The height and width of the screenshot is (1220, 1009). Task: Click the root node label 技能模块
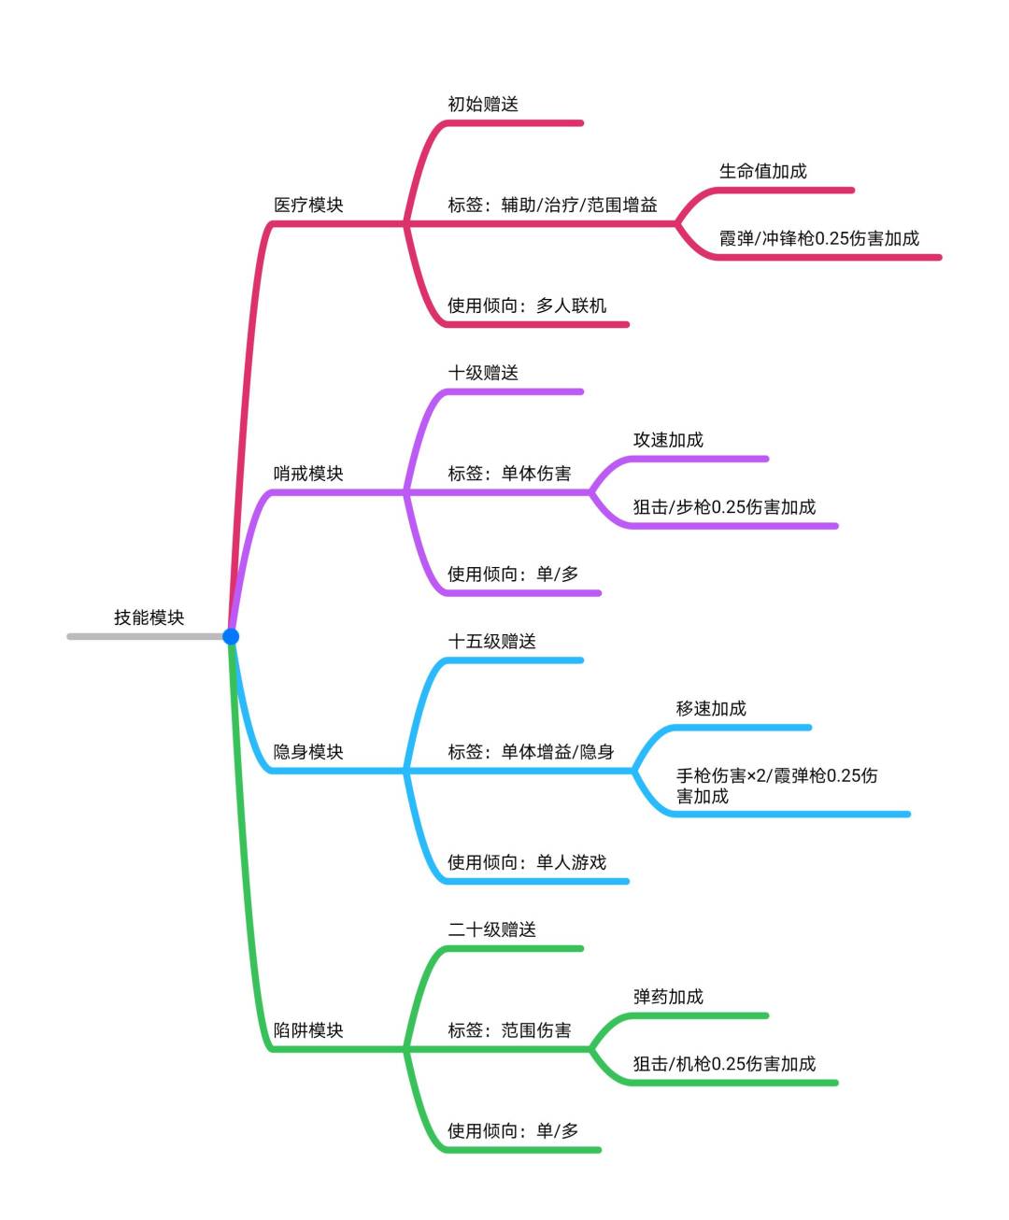[x=149, y=617]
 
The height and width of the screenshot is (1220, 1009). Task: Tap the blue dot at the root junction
[x=231, y=636]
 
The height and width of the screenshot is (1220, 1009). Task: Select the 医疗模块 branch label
[x=308, y=205]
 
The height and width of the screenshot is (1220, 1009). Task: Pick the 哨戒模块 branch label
[x=308, y=474]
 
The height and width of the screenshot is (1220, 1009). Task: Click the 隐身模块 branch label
[x=308, y=752]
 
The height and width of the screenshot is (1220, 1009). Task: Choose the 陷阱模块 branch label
[x=308, y=1030]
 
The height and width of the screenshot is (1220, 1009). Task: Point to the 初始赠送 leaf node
[x=483, y=104]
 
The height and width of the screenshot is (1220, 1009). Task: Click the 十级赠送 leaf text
[x=483, y=373]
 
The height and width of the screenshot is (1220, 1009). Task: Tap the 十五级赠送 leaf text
[x=492, y=641]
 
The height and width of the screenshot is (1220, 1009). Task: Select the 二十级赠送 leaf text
[x=492, y=929]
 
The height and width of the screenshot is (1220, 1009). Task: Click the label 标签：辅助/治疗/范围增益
[x=552, y=205]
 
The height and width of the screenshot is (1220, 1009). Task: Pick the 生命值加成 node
[x=763, y=171]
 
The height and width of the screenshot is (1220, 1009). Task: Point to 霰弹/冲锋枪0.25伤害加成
[x=819, y=238]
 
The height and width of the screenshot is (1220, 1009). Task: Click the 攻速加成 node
[x=668, y=440]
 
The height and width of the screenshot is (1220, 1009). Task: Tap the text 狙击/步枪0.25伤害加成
[x=724, y=507]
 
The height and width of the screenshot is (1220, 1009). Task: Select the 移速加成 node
[x=711, y=708]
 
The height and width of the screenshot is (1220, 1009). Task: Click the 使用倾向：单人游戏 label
[x=527, y=862]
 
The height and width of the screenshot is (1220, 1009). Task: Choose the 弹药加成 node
[x=668, y=997]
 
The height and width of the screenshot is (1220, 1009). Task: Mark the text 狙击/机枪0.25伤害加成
[x=724, y=1064]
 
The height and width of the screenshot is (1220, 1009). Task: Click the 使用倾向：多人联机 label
[x=527, y=305]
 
